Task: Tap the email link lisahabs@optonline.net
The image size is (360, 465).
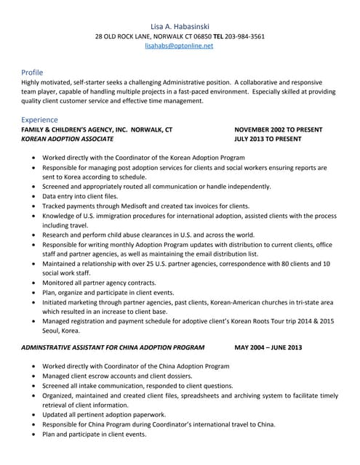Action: [180, 46]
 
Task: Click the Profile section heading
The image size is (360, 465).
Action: [32, 72]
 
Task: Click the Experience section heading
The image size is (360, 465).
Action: [39, 118]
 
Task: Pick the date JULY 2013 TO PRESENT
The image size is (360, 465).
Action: [268, 138]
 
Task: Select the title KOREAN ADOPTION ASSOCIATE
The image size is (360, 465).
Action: [67, 138]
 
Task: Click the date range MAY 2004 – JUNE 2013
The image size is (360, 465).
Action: [269, 347]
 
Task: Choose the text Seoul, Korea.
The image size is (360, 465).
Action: [61, 330]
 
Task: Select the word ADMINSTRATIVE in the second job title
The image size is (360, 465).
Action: [52, 347]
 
